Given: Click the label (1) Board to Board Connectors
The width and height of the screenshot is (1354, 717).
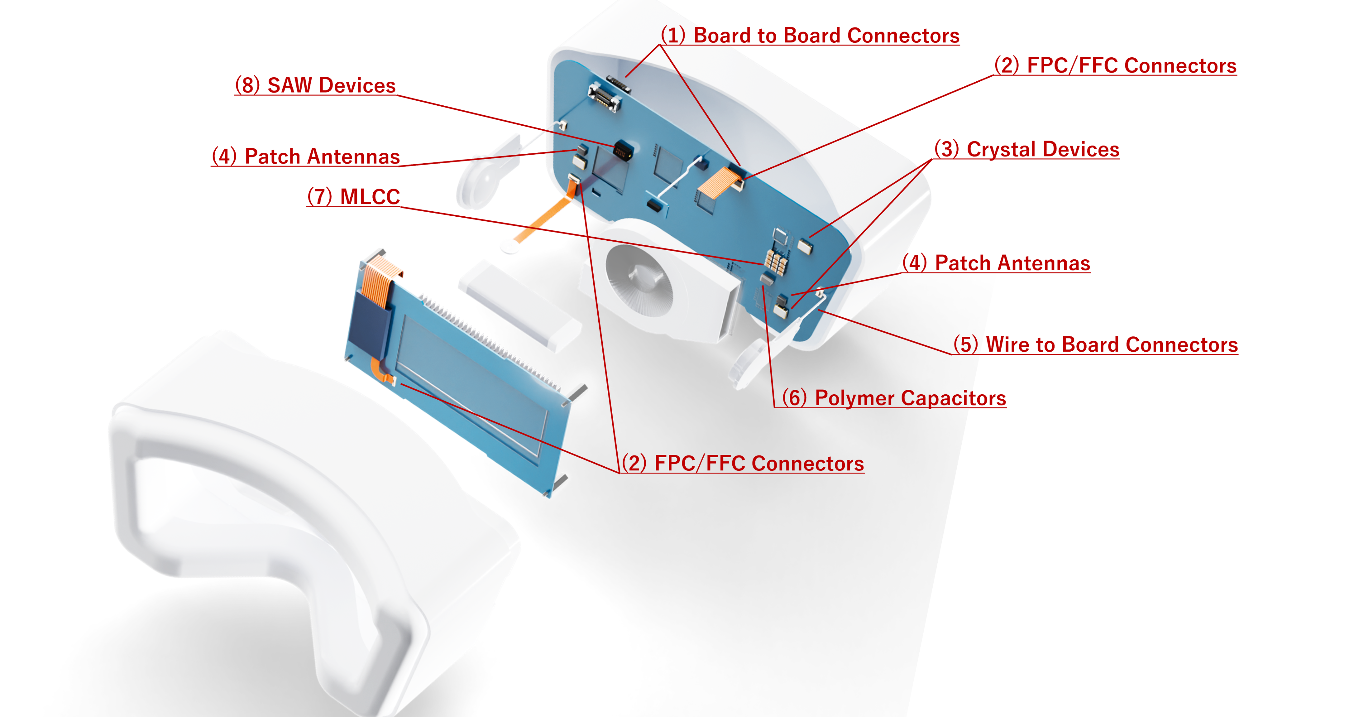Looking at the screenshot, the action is pos(810,35).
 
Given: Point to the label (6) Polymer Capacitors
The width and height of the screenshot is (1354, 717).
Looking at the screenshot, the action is pos(894,398).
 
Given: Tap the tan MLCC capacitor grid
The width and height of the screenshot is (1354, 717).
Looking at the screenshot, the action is pos(776,261).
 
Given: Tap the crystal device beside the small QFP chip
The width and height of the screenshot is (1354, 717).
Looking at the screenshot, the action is pos(805,245).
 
